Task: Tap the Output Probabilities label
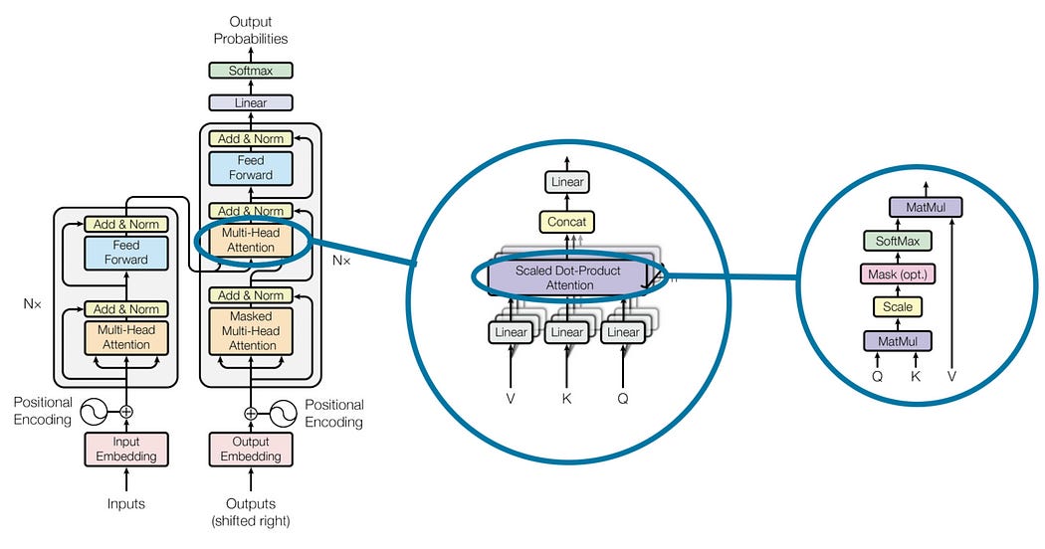click(251, 30)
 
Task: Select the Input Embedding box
click(126, 449)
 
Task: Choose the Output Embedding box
click(251, 449)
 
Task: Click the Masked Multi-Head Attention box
click(251, 329)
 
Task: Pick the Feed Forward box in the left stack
click(125, 252)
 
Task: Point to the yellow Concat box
click(566, 221)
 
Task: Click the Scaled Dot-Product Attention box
click(568, 277)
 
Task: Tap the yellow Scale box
click(898, 307)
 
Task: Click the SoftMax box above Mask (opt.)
click(898, 241)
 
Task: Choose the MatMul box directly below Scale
click(898, 341)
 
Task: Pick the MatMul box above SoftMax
click(926, 208)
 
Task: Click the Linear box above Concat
click(566, 182)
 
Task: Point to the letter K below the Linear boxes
click(567, 398)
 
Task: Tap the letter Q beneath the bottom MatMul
click(877, 377)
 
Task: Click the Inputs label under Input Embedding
click(126, 504)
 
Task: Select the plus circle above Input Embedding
click(126, 411)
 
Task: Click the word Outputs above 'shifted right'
click(251, 503)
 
